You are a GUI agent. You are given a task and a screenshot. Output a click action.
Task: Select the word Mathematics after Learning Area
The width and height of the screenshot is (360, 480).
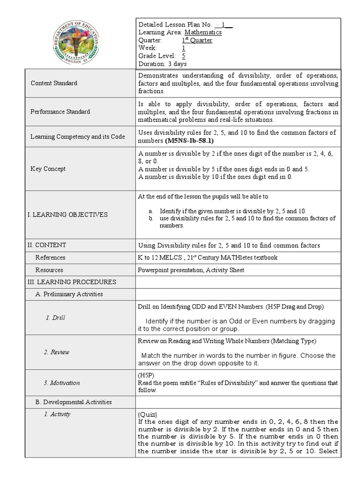[x=203, y=32]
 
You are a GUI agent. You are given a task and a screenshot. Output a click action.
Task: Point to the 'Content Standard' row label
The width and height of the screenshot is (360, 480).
[x=54, y=83]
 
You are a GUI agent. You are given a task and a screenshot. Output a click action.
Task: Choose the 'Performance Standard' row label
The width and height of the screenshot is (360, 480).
[x=60, y=112]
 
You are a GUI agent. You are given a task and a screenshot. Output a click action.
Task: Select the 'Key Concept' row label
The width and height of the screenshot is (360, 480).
[x=48, y=169]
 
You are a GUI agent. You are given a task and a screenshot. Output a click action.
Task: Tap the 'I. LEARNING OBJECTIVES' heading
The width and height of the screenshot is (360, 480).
[x=67, y=215]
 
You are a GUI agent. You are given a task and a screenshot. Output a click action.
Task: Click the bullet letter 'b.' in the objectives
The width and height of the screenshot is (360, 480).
[x=151, y=218]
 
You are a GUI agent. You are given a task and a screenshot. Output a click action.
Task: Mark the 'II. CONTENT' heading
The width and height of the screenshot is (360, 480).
[x=47, y=245]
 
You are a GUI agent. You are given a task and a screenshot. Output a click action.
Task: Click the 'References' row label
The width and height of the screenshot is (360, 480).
[x=50, y=257]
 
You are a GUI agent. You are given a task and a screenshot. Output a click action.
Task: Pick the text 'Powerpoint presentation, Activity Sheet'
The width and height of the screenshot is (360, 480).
[x=191, y=270]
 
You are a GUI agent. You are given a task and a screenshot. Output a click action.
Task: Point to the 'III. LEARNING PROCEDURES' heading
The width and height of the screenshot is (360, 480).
[x=72, y=282]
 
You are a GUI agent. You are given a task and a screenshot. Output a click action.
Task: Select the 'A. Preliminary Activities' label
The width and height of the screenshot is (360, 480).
[x=69, y=294]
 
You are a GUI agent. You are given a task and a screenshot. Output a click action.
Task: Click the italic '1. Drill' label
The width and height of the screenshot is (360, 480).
[x=55, y=318]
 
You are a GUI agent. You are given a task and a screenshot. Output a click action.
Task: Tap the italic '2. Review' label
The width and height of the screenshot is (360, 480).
[x=60, y=352]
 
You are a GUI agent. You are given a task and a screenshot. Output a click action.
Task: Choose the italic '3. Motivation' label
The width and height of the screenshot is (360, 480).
[x=62, y=383]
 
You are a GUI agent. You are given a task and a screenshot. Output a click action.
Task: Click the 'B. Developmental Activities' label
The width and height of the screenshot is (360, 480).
[x=74, y=402]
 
